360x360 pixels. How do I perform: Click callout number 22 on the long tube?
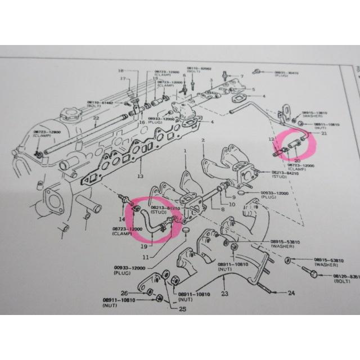click(96, 118)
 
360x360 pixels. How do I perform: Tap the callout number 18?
click(120, 71)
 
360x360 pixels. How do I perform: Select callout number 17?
click(121, 79)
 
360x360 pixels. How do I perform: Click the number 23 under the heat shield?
click(224, 294)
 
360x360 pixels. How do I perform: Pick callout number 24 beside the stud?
click(291, 293)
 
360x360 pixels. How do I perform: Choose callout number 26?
click(124, 292)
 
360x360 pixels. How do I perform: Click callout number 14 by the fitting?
click(120, 218)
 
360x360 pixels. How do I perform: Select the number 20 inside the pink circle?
click(297, 161)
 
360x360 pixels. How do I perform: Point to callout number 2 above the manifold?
click(201, 139)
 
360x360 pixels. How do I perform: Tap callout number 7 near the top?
click(242, 75)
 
